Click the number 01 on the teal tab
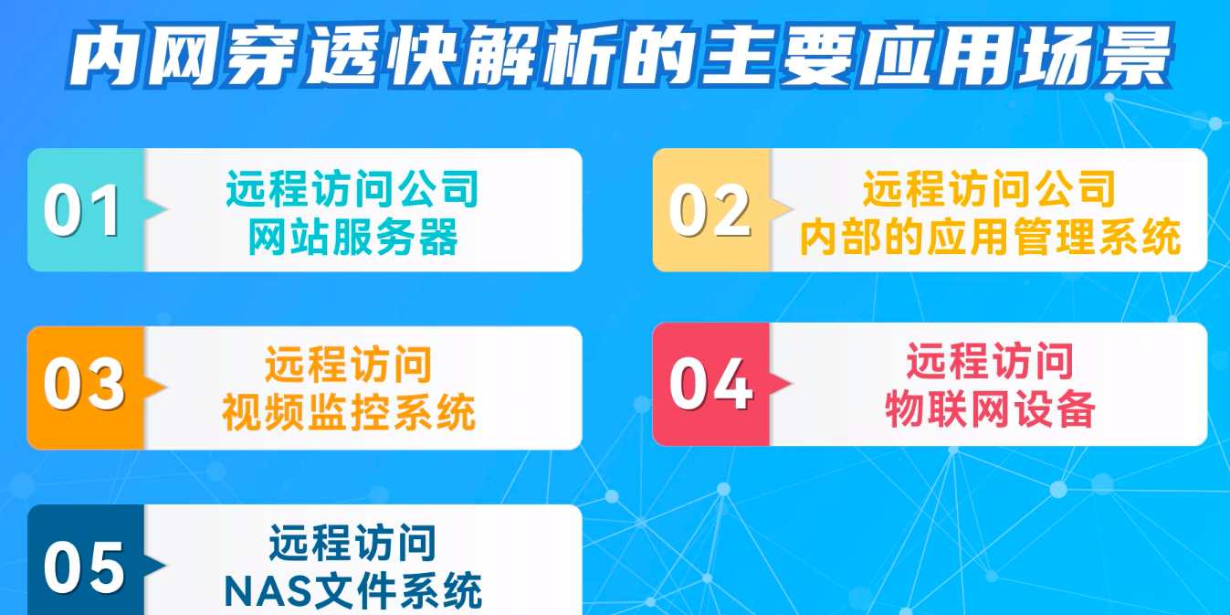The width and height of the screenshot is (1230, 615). coord(82,210)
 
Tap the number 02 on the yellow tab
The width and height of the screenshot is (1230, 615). coord(710,210)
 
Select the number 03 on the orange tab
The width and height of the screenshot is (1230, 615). coord(84,383)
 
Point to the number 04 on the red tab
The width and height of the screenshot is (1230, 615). coord(710,383)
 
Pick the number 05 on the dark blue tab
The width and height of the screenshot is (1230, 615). coord(84,567)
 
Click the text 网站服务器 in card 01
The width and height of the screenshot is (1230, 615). coord(353,237)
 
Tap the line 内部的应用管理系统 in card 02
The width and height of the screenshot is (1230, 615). coord(990,237)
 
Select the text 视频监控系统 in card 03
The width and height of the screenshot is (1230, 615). coord(349,412)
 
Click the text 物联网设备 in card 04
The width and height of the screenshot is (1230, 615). coord(990,408)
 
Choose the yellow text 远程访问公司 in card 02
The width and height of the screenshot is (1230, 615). coord(989,188)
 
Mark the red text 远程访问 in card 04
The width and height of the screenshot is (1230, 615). coord(990,361)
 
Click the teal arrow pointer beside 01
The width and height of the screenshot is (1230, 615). coord(156,209)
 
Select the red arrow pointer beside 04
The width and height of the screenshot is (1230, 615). coord(781,383)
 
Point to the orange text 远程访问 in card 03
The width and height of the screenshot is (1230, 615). coord(349,365)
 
